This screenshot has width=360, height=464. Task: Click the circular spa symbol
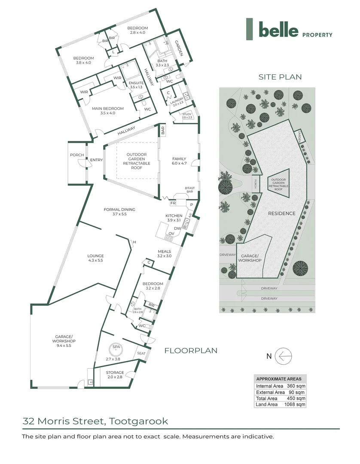pos(116,346)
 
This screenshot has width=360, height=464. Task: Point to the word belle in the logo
pos(278,30)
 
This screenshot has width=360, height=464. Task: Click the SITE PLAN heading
pos(280,77)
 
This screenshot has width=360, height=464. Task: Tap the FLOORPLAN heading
pos(191,351)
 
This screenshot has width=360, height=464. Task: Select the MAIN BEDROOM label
pos(107,109)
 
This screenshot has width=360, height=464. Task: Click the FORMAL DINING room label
pos(119,210)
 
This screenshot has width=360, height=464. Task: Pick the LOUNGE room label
pos(95,256)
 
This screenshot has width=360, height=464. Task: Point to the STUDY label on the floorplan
pos(186,114)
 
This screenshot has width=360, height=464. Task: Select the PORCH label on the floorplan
pos(77,155)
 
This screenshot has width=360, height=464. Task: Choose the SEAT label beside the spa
pos(141,353)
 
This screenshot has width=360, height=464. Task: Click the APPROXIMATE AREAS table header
pos(279,379)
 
